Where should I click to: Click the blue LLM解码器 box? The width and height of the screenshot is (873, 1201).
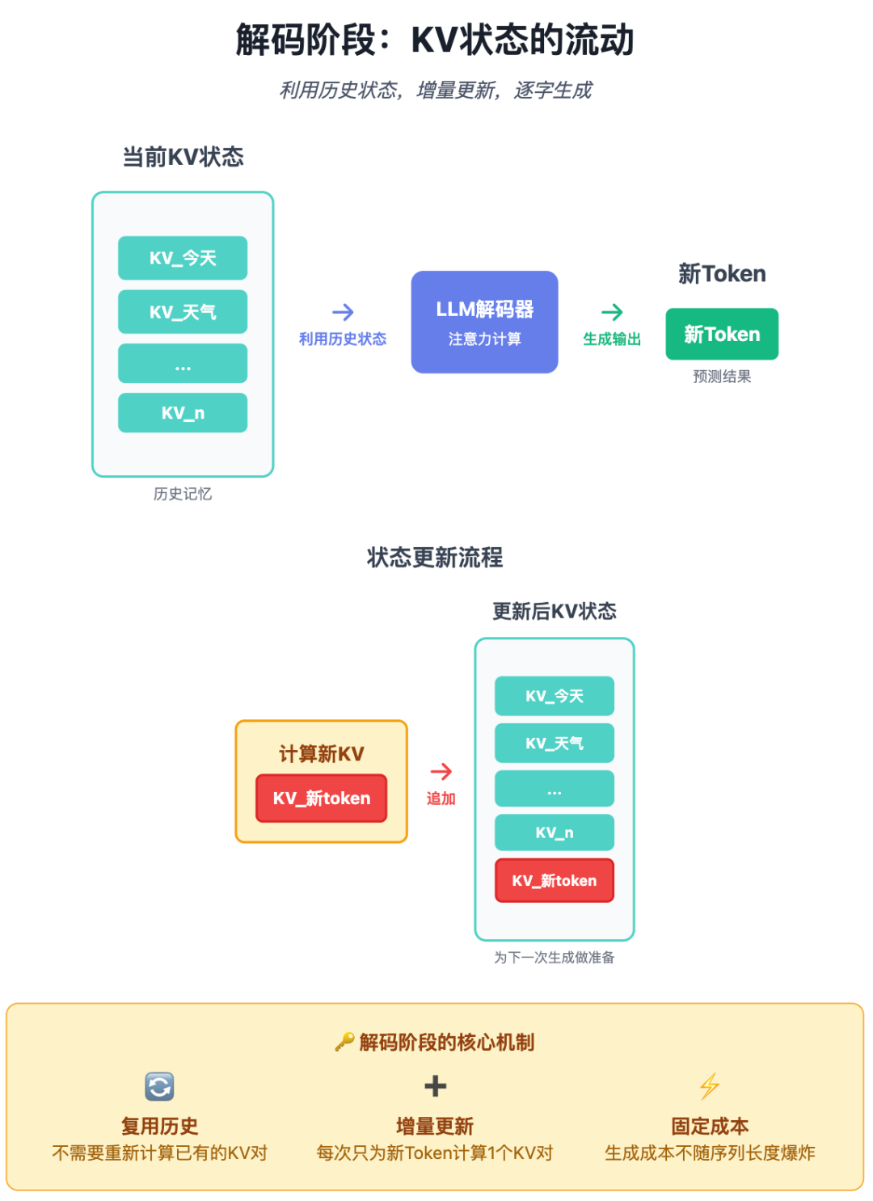484,322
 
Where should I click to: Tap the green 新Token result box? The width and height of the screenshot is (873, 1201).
722,334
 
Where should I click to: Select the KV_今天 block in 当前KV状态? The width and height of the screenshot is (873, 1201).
183,258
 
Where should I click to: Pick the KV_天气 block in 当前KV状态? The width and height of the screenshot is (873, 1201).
183,311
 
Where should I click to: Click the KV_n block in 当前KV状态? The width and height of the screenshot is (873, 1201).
183,412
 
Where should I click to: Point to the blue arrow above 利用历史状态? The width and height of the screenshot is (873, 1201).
343,312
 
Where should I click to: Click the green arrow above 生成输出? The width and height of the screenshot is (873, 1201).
612,312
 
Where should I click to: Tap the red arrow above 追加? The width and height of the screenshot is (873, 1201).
441,772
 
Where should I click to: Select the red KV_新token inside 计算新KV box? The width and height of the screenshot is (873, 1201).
321,798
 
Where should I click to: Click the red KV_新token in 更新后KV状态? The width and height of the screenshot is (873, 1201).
554,880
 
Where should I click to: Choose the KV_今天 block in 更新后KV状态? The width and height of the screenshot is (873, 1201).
554,696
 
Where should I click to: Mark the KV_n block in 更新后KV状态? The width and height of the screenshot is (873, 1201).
554,832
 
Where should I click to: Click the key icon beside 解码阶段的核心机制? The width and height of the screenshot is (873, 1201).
344,1042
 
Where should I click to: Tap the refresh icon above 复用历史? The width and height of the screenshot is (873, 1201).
159,1086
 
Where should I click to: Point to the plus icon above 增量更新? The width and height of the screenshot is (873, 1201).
435,1086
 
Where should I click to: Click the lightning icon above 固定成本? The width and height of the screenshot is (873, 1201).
710,1085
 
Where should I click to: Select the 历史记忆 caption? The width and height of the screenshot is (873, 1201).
183,494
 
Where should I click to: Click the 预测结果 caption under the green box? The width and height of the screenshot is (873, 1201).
722,377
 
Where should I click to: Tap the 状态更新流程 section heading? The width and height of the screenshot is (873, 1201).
435,557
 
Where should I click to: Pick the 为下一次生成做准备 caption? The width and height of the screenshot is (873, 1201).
554,957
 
